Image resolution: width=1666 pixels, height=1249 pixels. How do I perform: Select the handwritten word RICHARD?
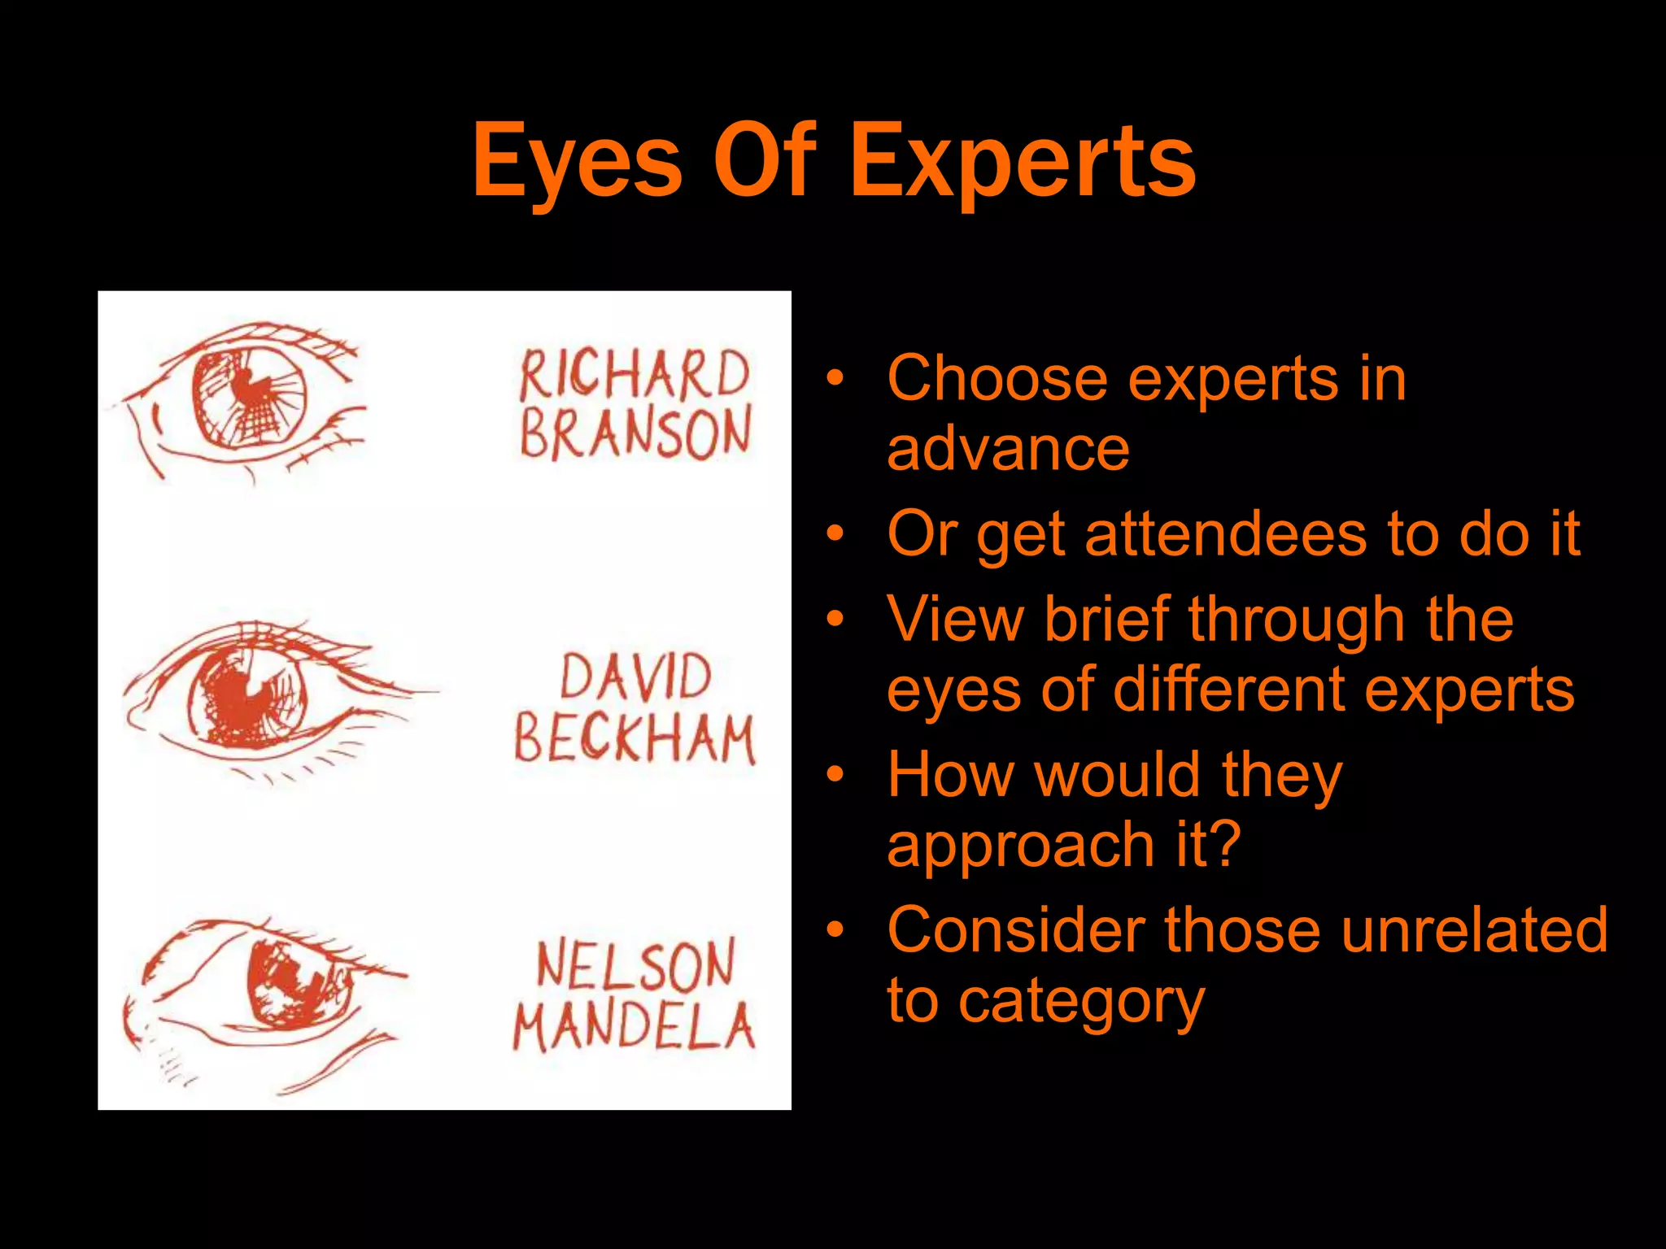(x=634, y=375)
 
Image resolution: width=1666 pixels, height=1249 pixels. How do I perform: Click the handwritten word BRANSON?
(x=635, y=433)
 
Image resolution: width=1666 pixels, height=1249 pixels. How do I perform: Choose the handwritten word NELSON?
(x=635, y=964)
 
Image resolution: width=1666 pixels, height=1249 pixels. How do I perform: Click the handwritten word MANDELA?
(x=634, y=1026)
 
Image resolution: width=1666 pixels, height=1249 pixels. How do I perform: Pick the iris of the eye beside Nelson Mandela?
(x=297, y=986)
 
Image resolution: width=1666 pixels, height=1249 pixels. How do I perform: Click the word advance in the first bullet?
(x=1008, y=450)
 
